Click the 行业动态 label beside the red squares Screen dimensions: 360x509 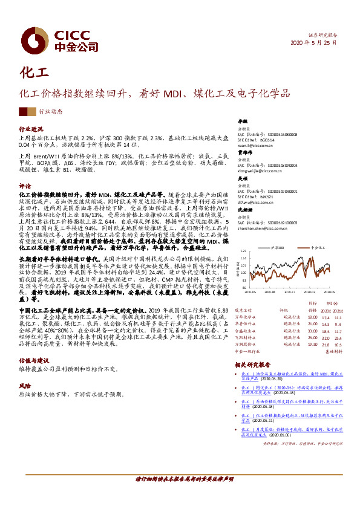click(51, 112)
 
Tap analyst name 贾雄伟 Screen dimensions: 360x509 click(243, 154)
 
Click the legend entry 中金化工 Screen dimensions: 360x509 click(318, 248)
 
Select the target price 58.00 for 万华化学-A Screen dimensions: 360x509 click(313, 317)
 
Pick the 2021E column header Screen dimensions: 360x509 click(338, 310)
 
